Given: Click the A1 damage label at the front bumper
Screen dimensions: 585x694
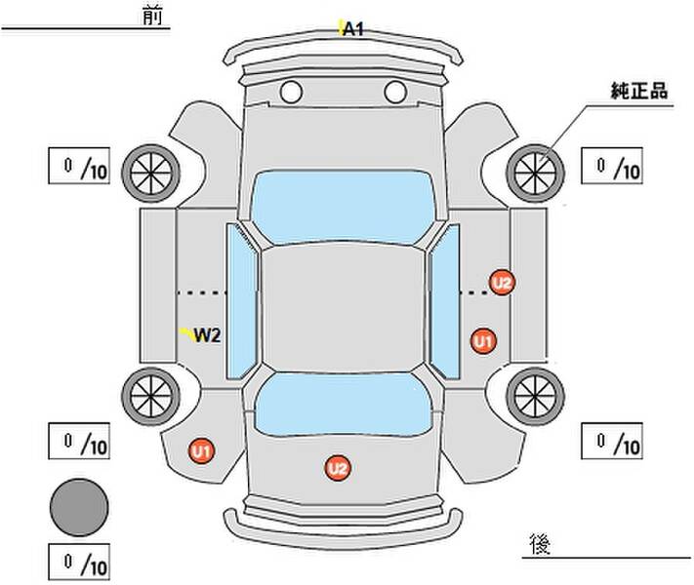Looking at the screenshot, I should coord(352,29).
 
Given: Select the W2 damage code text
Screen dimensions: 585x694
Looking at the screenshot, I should coord(207,336).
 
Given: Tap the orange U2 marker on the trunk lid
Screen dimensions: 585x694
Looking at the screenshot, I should coord(337,469).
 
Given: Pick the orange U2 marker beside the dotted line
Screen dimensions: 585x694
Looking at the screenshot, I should coord(502,284).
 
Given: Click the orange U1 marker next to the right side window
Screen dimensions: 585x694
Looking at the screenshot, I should coord(482,341).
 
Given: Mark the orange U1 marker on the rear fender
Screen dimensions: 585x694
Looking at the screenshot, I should coord(201,451).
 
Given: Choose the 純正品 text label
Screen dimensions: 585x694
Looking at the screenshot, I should coord(639,91).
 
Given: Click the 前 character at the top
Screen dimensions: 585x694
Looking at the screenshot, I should coord(152,17).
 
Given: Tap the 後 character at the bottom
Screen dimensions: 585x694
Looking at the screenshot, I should coord(538,542).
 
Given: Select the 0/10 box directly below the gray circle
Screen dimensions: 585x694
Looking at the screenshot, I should coord(80,563).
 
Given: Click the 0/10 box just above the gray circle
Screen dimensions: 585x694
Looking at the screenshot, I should coord(80,443).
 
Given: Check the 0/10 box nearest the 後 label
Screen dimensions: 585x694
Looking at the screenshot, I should coord(613,443).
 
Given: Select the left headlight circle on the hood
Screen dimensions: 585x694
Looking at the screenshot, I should coord(290,93).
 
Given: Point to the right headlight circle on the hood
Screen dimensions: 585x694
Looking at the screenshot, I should coord(394,93).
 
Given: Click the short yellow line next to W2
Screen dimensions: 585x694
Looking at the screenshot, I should coord(185,333).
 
